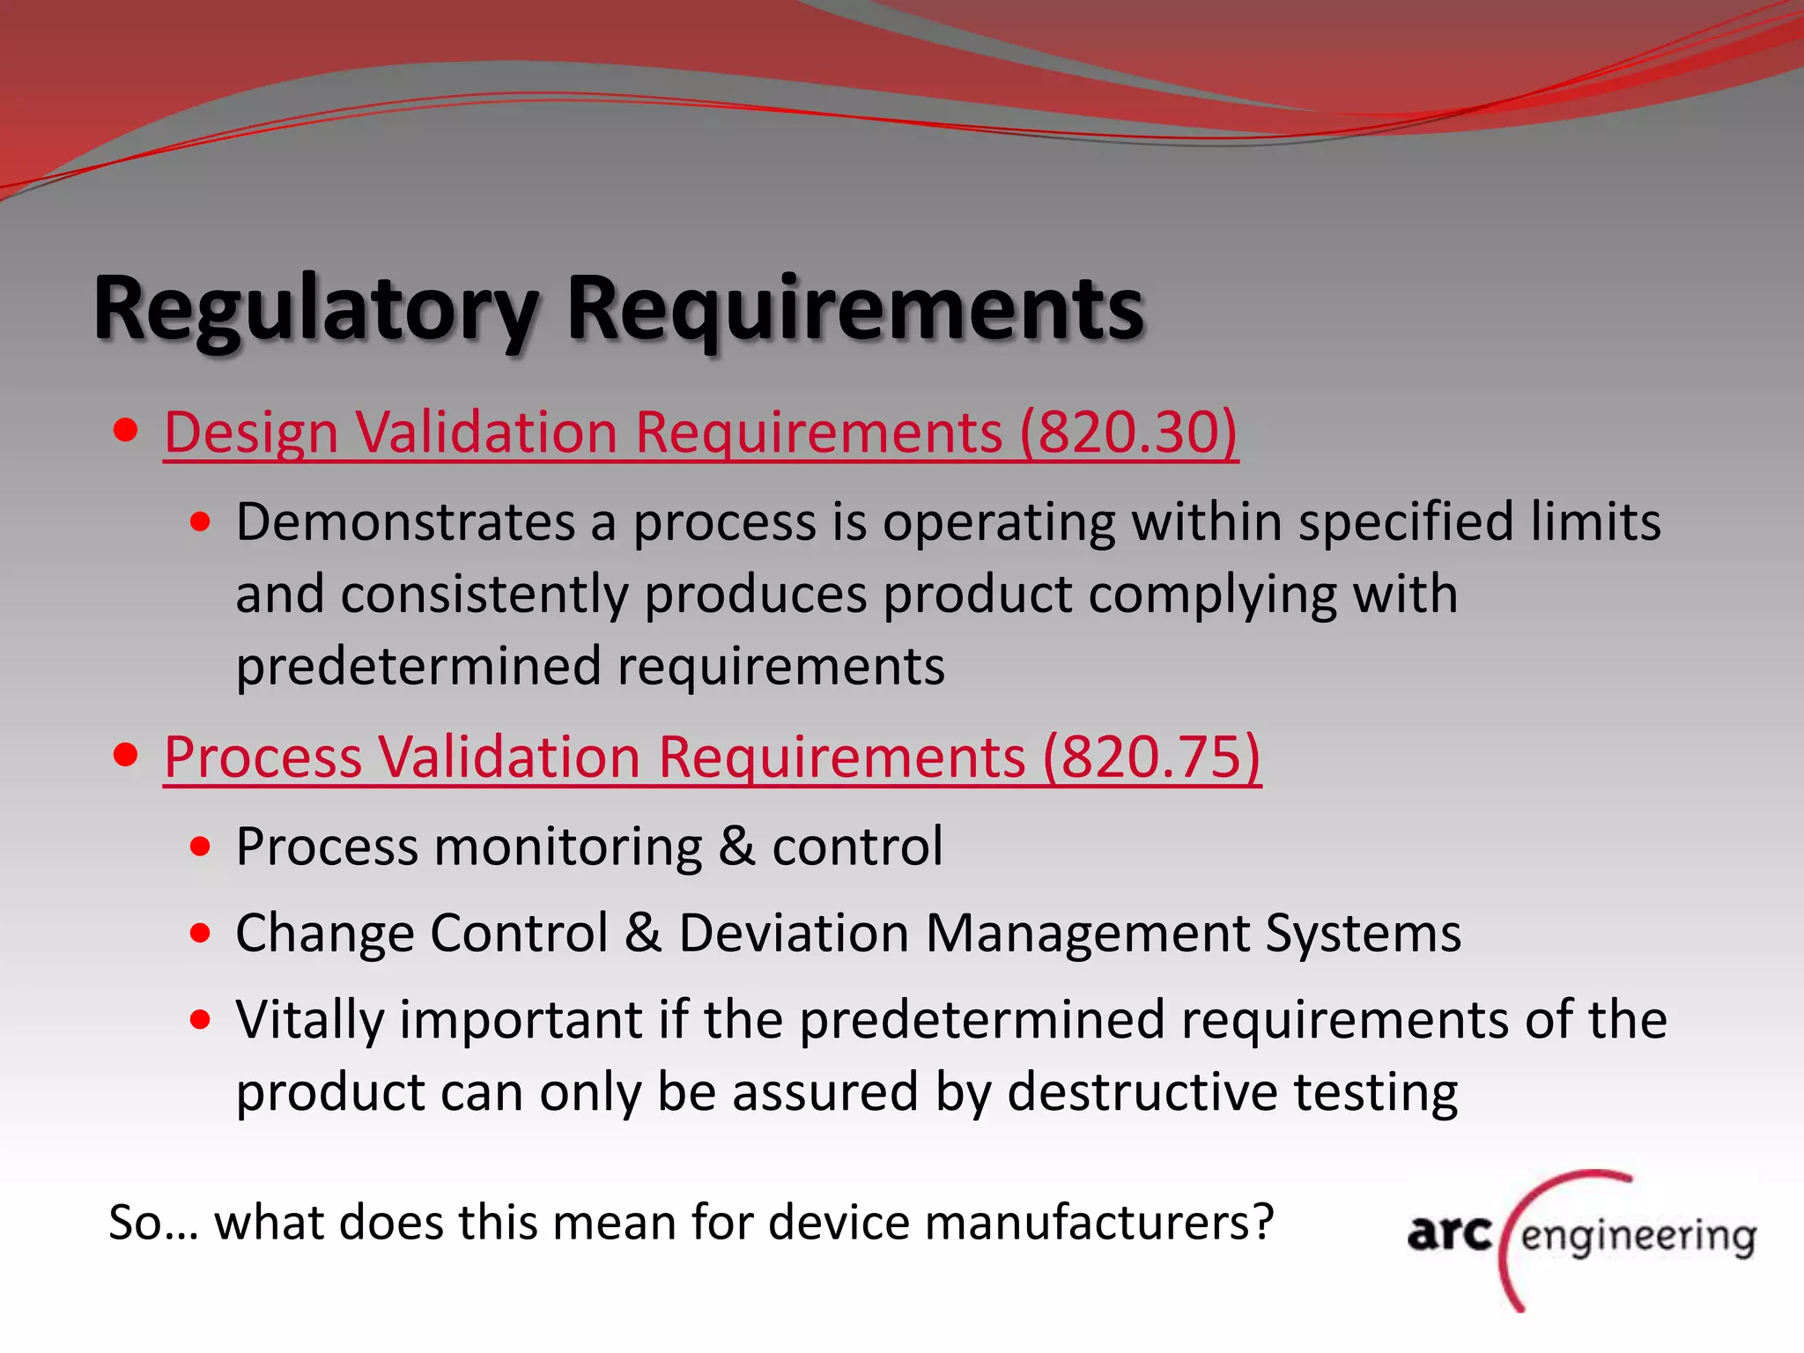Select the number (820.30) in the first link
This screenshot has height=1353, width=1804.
(x=1128, y=433)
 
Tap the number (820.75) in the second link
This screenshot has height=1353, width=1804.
(x=1151, y=757)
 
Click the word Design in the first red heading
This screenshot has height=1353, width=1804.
(x=252, y=433)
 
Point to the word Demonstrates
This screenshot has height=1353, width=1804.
(x=405, y=521)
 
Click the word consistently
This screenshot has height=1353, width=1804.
(x=484, y=594)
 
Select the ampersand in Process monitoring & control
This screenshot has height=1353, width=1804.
(x=736, y=847)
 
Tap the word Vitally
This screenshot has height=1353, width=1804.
(x=310, y=1020)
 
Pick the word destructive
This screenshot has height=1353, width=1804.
(x=1142, y=1092)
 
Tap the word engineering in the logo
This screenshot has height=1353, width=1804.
(x=1638, y=1236)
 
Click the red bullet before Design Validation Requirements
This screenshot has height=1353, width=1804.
(x=126, y=431)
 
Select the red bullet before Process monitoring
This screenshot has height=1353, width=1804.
(x=201, y=847)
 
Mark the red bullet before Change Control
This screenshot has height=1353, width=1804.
(x=201, y=933)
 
